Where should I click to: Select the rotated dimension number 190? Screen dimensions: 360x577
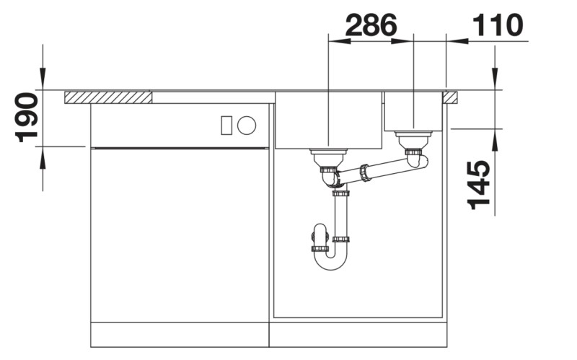[27, 117]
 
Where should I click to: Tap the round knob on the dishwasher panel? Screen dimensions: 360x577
[247, 126]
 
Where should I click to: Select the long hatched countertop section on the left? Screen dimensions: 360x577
[107, 97]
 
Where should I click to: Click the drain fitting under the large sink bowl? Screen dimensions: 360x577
[328, 154]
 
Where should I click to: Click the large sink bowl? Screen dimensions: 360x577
[328, 120]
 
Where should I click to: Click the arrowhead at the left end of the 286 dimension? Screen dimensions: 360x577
[339, 41]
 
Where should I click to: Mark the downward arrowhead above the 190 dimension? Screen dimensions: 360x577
[43, 79]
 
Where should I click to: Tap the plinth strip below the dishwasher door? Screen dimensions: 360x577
[180, 335]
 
